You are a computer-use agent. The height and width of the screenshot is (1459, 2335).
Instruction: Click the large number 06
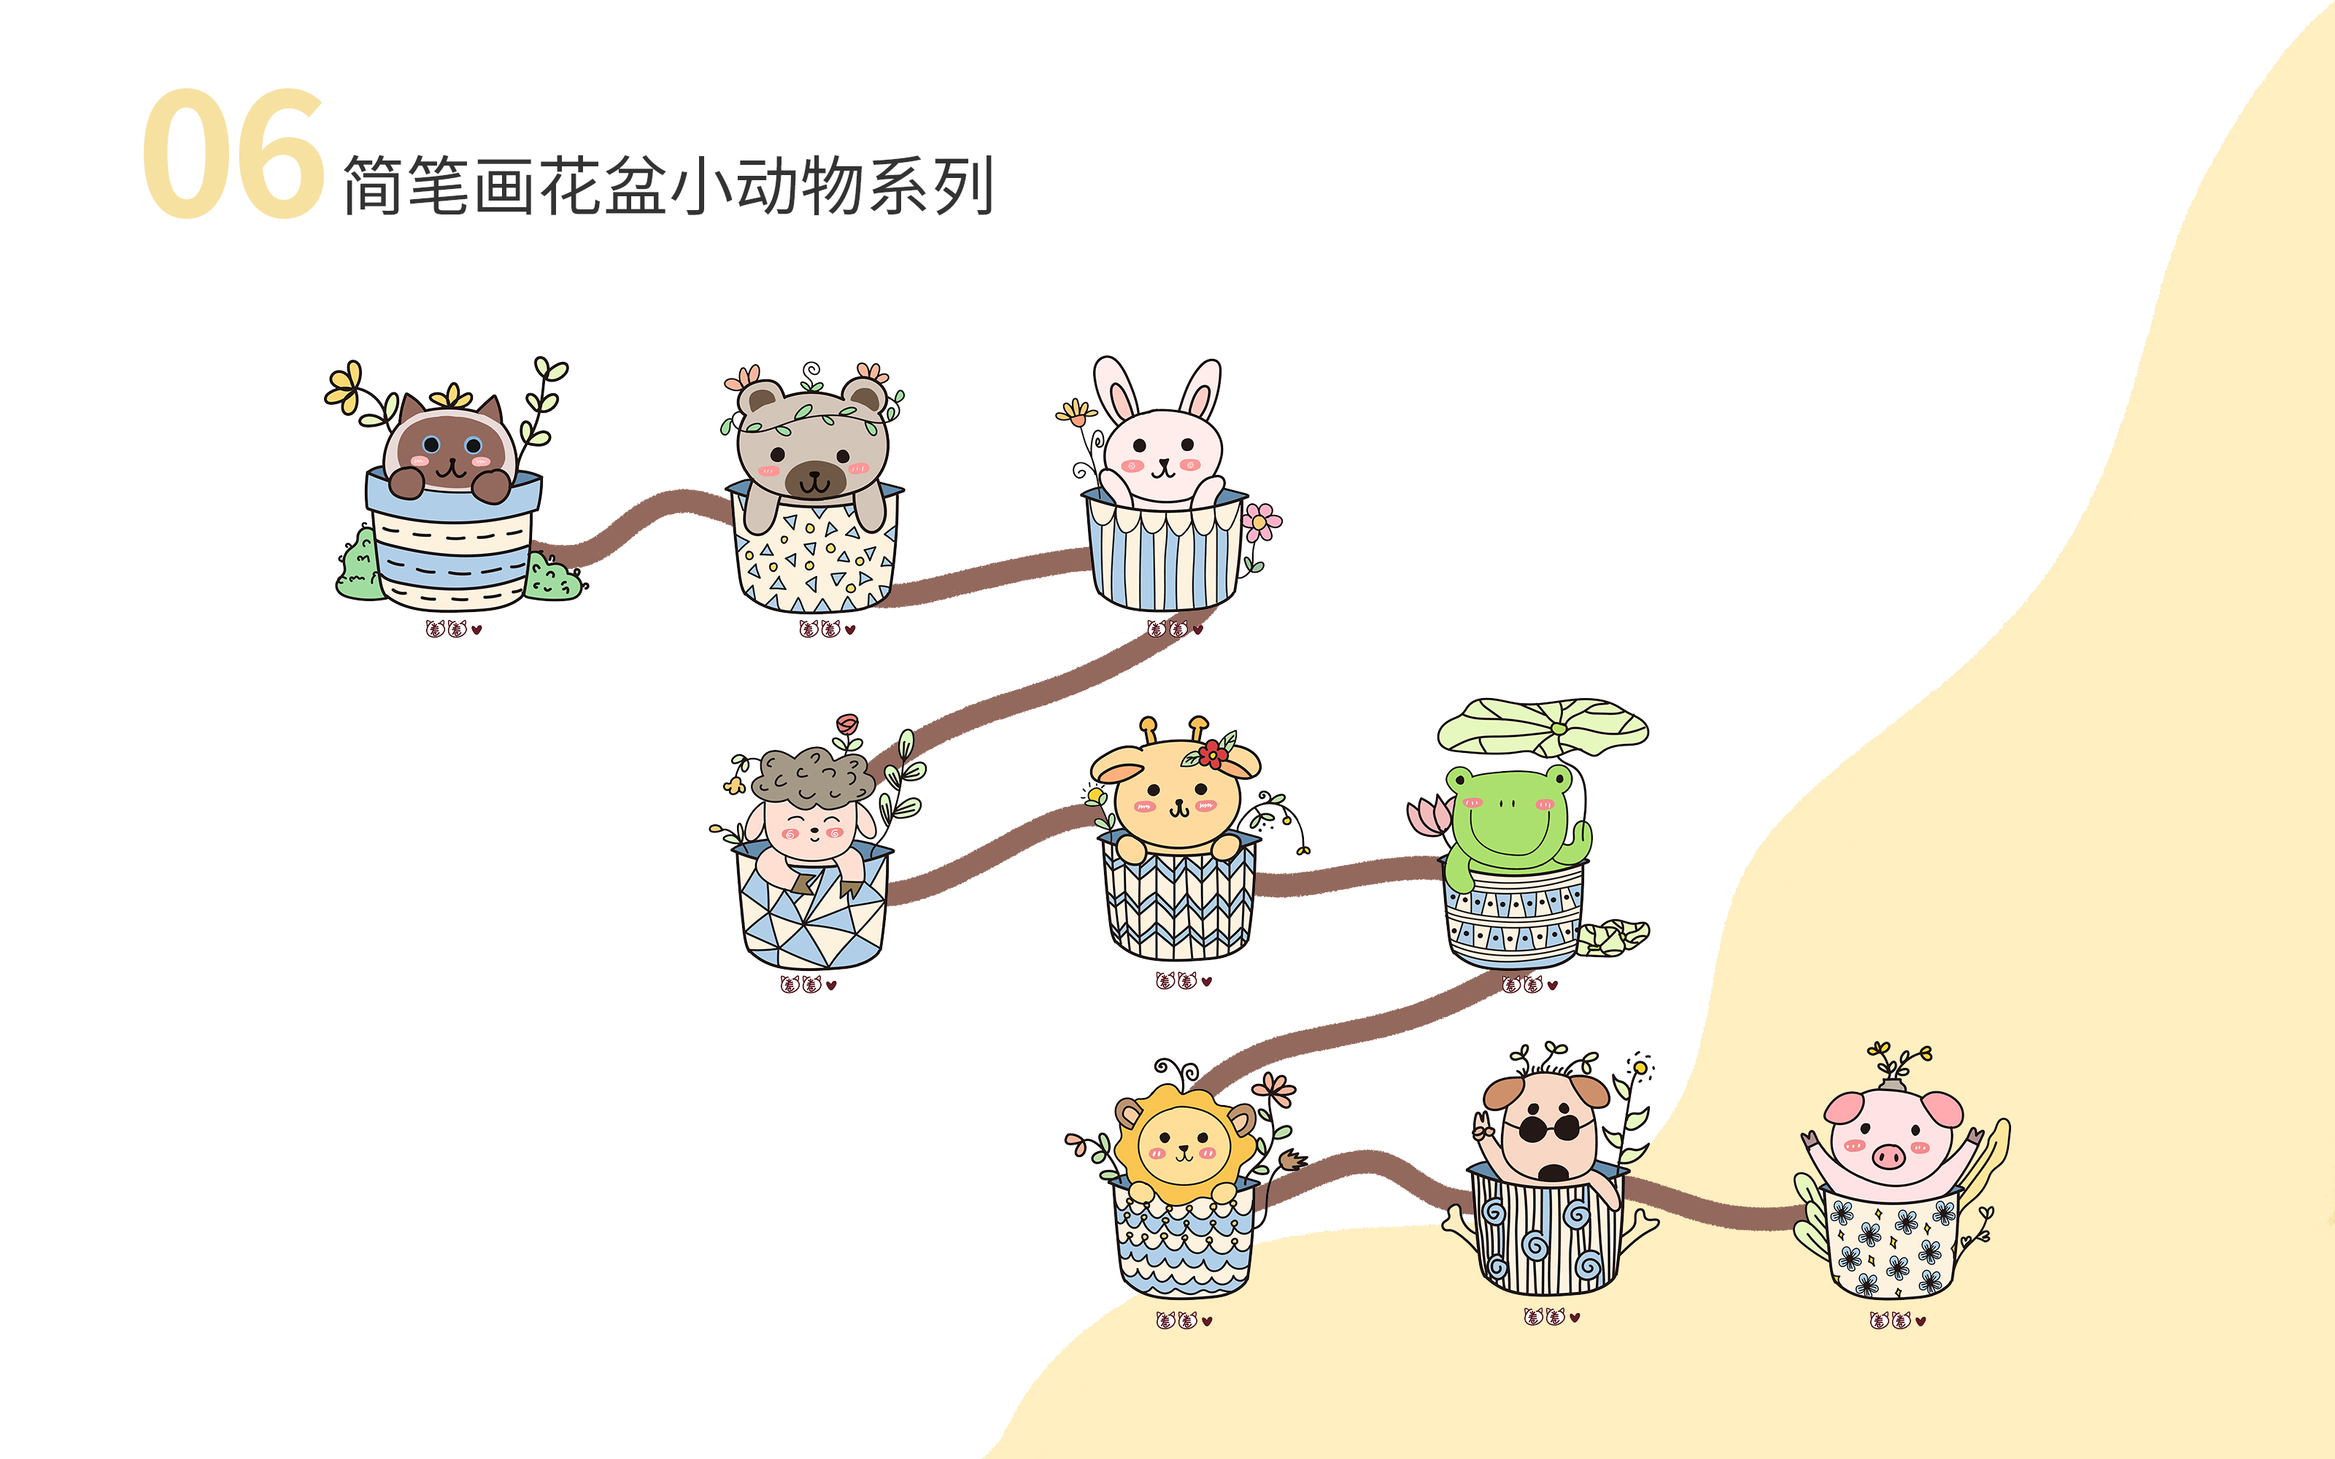coord(233,155)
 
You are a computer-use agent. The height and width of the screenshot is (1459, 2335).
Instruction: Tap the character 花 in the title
coord(570,185)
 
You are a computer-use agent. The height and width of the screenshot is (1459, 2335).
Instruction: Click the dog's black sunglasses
coord(1548,1128)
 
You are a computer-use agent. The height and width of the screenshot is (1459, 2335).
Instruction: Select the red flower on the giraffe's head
coord(1213,753)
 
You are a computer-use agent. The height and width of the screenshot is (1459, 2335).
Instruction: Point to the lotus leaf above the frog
coord(1542,727)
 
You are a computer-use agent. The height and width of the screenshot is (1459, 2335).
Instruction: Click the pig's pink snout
coord(1888,1155)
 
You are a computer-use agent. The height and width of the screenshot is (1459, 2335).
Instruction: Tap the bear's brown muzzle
coord(815,479)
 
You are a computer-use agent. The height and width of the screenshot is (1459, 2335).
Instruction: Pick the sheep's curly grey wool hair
coord(812,775)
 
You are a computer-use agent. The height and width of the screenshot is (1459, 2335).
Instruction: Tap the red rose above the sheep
coord(847,724)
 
